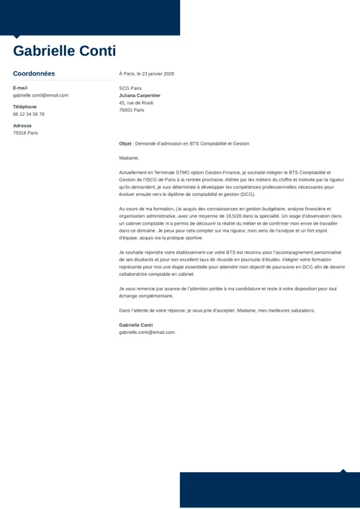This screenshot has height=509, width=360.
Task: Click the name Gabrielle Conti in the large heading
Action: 64,51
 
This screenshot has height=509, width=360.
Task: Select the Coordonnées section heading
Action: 34,73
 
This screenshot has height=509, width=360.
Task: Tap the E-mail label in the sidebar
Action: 20,88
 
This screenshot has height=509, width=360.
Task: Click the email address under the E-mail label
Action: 40,95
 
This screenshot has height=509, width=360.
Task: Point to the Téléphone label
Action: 24,107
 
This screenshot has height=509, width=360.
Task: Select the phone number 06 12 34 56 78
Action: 29,114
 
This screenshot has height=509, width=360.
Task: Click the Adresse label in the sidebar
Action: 22,125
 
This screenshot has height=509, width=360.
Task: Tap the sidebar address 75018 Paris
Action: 25,132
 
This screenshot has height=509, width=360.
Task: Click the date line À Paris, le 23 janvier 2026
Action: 146,73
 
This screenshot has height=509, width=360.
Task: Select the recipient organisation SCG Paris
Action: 130,88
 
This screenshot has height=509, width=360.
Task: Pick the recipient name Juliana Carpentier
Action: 140,95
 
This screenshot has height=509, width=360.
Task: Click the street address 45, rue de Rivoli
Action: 136,103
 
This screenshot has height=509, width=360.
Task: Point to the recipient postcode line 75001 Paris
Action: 132,110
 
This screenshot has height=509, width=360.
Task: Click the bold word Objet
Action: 125,143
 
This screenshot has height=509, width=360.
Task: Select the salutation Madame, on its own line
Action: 129,158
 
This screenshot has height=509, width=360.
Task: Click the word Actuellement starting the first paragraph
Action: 135,173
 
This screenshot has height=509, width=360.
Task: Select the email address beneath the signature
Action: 147,332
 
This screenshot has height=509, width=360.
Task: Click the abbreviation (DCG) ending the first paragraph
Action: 247,194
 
